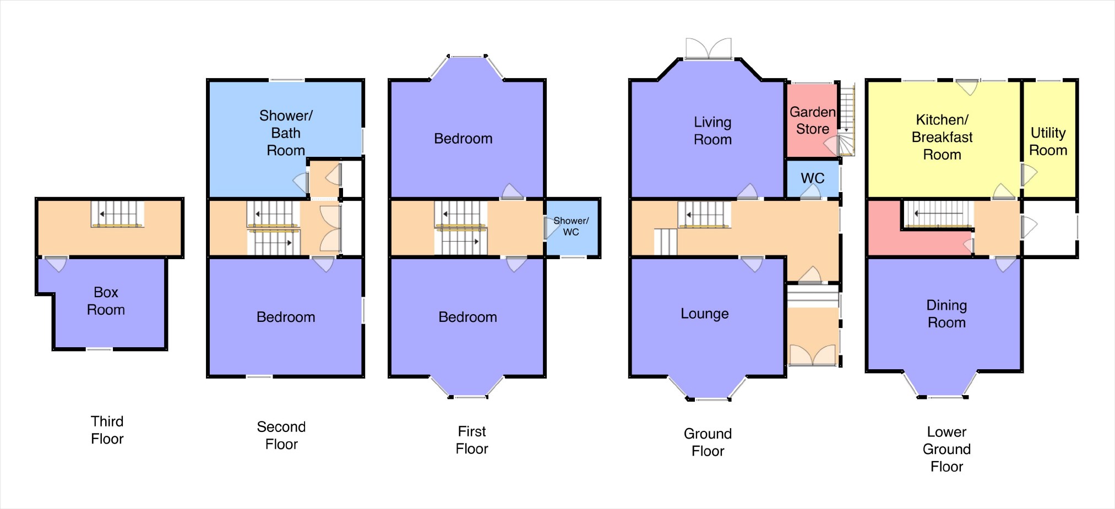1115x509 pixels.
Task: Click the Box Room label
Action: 106,301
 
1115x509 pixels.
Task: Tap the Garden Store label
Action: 812,121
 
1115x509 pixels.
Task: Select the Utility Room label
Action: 1048,141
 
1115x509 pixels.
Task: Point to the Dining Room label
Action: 947,314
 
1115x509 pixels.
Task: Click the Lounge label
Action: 704,314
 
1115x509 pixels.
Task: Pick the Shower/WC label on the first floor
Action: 571,226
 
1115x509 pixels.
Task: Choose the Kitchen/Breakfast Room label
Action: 942,137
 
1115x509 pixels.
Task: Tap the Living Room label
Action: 712,131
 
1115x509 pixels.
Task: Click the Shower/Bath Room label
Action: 286,133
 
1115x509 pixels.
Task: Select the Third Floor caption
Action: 107,430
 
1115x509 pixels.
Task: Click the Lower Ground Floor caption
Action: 947,449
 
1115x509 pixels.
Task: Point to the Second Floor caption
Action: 281,435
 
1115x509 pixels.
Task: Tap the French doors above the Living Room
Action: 709,48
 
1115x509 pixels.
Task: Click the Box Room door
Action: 56,264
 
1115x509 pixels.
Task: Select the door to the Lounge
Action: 752,264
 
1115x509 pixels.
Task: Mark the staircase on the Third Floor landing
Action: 117,214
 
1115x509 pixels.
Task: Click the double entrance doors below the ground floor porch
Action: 813,355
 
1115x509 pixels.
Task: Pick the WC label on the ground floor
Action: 812,178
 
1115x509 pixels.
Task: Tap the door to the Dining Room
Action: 1005,264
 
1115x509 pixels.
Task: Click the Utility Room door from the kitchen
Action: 1029,175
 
